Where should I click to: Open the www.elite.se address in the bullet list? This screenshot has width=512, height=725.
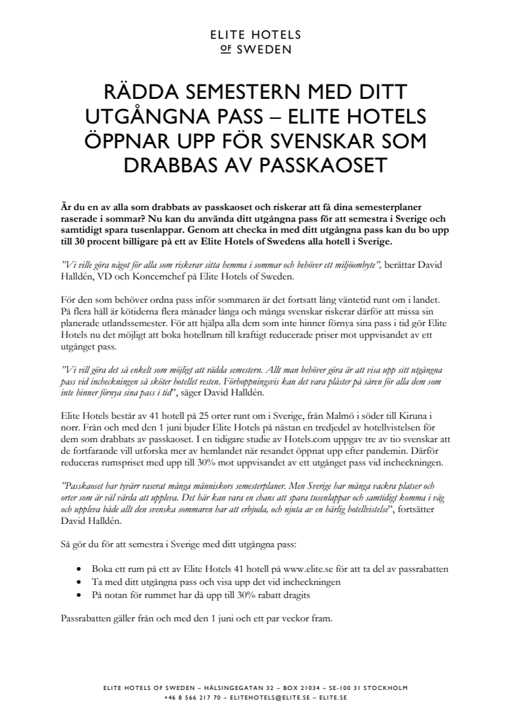(x=304, y=569)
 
